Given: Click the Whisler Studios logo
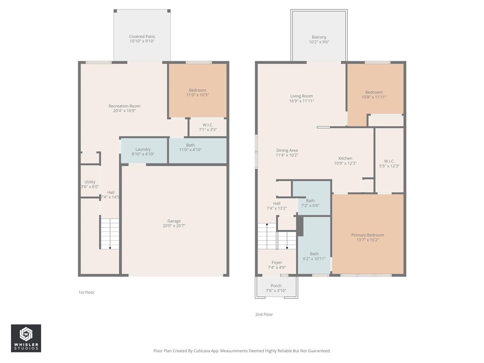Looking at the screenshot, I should (x=26, y=338).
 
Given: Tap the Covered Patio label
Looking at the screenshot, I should (x=142, y=37).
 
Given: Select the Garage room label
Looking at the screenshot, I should (x=174, y=221).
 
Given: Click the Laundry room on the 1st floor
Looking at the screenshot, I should (x=143, y=151).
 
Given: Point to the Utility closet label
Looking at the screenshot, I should (x=90, y=182).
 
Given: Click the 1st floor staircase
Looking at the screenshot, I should (x=110, y=234).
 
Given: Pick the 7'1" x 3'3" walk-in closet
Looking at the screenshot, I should (x=208, y=127).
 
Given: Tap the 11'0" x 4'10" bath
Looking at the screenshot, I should (x=191, y=147).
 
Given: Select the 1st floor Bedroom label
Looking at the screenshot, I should (x=197, y=90).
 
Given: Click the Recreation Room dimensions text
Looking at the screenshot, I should (x=124, y=111).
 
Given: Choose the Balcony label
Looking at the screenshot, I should (x=319, y=37).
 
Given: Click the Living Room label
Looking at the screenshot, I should (x=301, y=96).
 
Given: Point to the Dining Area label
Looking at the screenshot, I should (x=287, y=150).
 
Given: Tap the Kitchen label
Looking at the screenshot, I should (x=345, y=158).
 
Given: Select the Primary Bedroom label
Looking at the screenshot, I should (x=368, y=235).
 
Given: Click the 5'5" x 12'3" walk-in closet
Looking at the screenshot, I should (x=389, y=163).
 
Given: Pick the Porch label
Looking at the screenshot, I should (x=276, y=286).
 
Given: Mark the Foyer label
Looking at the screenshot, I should (x=277, y=262).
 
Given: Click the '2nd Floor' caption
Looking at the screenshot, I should (x=264, y=314).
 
